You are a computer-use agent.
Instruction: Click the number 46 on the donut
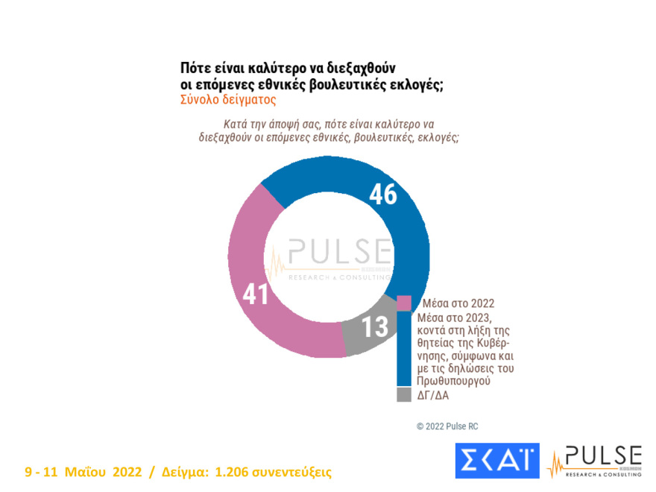(382, 195)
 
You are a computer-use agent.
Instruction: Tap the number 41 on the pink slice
(256, 292)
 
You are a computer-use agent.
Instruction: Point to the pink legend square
(403, 303)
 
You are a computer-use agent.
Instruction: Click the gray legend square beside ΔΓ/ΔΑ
(403, 394)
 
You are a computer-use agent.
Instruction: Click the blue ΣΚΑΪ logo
(496, 461)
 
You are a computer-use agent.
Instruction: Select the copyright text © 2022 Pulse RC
(447, 426)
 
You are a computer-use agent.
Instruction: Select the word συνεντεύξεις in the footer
(292, 473)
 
